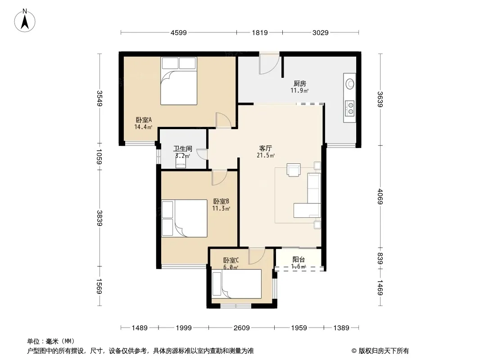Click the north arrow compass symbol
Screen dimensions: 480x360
(x=24, y=21)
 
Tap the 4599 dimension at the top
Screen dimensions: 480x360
(x=178, y=32)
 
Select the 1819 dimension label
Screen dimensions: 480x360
(x=260, y=32)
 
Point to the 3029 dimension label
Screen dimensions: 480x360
(x=320, y=32)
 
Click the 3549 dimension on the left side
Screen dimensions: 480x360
(x=100, y=98)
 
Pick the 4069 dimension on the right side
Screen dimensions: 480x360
(x=380, y=196)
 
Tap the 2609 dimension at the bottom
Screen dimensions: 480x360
(x=241, y=328)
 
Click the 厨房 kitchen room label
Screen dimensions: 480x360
(x=300, y=84)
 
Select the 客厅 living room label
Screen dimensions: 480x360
(x=265, y=148)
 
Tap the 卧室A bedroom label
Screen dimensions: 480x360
(x=144, y=120)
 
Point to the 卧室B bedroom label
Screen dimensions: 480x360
(x=221, y=201)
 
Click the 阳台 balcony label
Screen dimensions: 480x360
(x=299, y=260)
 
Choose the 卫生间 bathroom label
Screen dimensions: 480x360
(x=183, y=149)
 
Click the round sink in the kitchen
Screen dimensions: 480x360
(x=349, y=84)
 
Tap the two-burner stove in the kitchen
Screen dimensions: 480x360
(x=349, y=108)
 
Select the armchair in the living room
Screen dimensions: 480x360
(x=294, y=170)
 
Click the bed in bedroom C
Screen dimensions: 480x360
(x=236, y=283)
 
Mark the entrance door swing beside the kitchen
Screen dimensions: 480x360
(x=269, y=63)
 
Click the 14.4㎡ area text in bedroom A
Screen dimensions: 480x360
(x=143, y=127)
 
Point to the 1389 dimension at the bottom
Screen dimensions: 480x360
(x=341, y=328)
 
